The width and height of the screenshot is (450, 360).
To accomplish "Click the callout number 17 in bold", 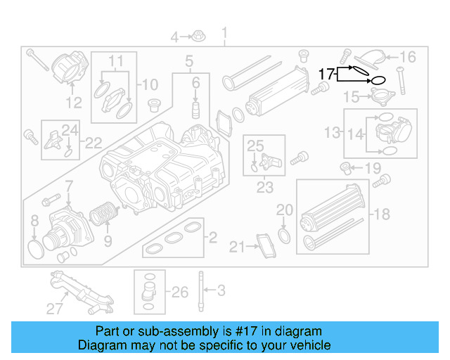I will tap(327, 72).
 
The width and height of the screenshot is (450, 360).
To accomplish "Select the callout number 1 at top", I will tap(225, 33).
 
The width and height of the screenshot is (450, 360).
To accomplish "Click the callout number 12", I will tap(74, 103).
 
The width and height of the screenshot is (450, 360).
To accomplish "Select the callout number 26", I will tap(180, 291).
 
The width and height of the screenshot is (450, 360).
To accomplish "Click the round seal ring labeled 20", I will tap(283, 234).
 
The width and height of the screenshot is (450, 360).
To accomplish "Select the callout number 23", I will tap(264, 188).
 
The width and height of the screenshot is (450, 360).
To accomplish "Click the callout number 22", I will tap(93, 143).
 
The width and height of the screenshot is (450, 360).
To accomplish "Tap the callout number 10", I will tap(150, 85).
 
